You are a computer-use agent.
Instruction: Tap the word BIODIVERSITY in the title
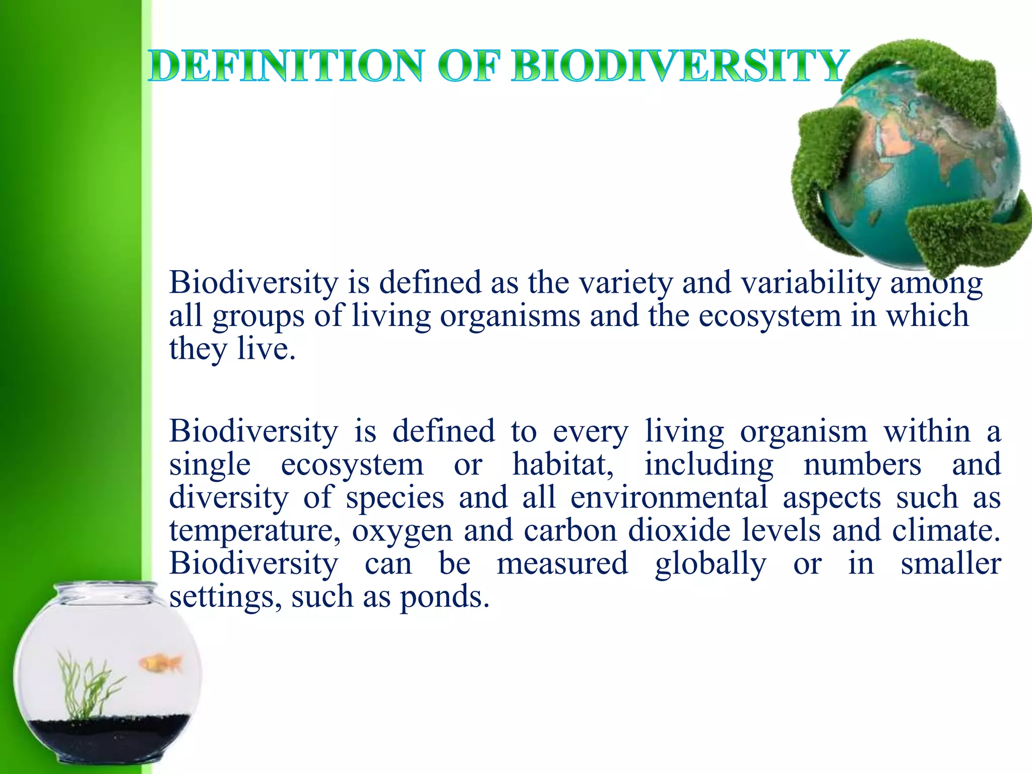point(678,67)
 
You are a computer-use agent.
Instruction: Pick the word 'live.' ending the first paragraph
point(266,349)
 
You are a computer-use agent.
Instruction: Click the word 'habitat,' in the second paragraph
point(563,464)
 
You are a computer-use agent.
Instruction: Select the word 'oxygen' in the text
point(402,531)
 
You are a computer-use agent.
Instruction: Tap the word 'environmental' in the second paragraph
point(669,497)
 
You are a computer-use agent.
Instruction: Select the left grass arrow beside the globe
point(819,166)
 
